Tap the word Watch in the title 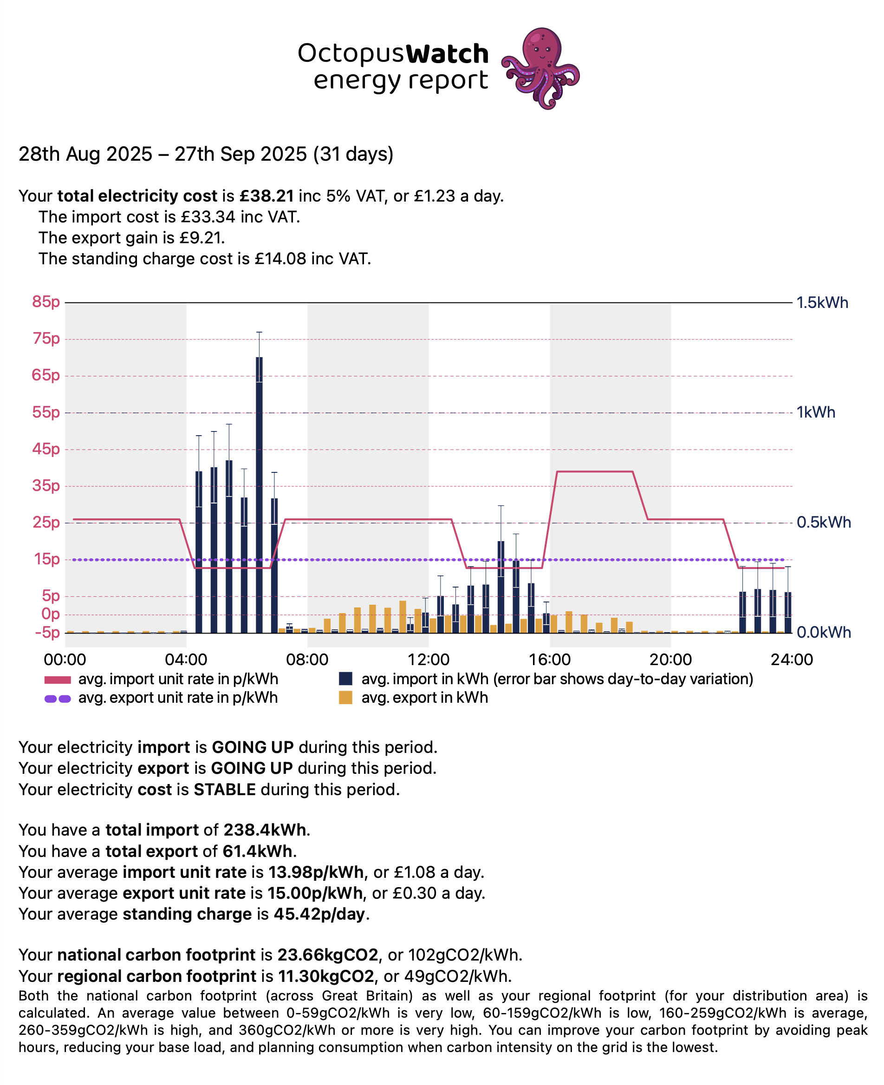447,54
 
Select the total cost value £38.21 266,196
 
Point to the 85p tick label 46,301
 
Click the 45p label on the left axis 46,449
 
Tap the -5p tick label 47,632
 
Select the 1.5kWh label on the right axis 822,302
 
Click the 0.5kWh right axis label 823,522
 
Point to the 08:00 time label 307,660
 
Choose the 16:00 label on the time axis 549,660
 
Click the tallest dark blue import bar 259,494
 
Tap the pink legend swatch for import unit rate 58,680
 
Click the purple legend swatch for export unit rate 58,699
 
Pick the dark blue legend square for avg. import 346,679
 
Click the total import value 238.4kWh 265,830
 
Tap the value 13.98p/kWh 316,872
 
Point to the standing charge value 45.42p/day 319,914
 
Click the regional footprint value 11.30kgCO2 326,976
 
